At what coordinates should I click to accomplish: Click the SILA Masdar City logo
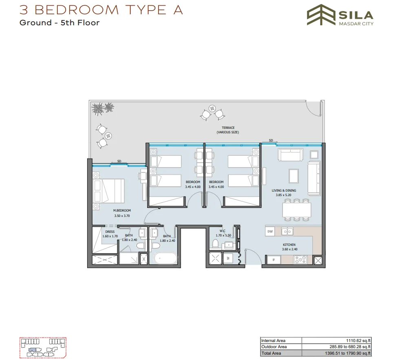click(340, 17)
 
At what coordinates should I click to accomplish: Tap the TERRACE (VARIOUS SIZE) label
click(228, 130)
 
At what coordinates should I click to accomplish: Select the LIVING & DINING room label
click(284, 193)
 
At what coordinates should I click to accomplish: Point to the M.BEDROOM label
click(121, 213)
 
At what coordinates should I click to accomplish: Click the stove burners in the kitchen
click(300, 259)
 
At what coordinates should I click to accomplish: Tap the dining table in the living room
click(296, 210)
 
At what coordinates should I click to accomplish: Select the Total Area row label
click(271, 353)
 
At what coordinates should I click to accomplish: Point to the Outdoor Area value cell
click(337, 347)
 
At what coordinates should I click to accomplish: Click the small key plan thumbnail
click(43, 348)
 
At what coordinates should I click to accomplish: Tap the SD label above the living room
click(271, 140)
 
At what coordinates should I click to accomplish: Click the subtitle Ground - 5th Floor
click(60, 23)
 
